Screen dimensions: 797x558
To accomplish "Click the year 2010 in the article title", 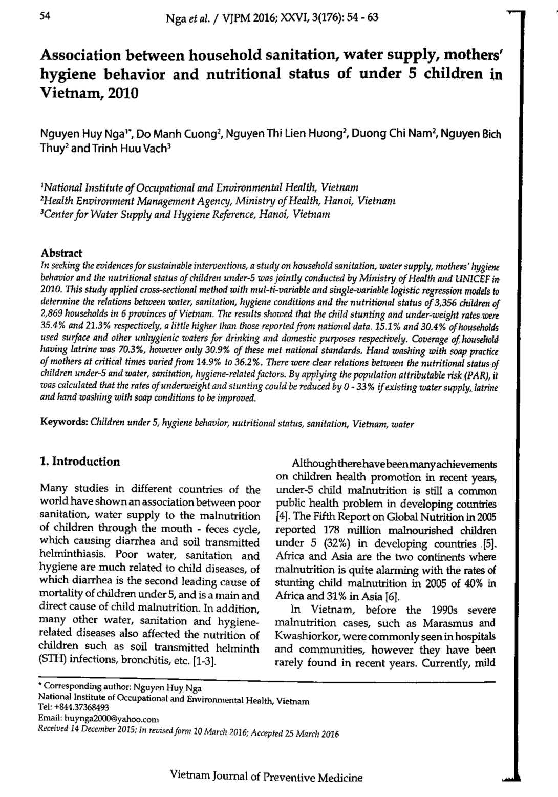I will pyautogui.click(x=120, y=94).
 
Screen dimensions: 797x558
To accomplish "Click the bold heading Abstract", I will pyautogui.click(x=61, y=254).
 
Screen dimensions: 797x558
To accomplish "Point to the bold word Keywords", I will pyautogui.click(x=63, y=424).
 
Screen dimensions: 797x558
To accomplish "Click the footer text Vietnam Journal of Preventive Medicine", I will pyautogui.click(x=266, y=777).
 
